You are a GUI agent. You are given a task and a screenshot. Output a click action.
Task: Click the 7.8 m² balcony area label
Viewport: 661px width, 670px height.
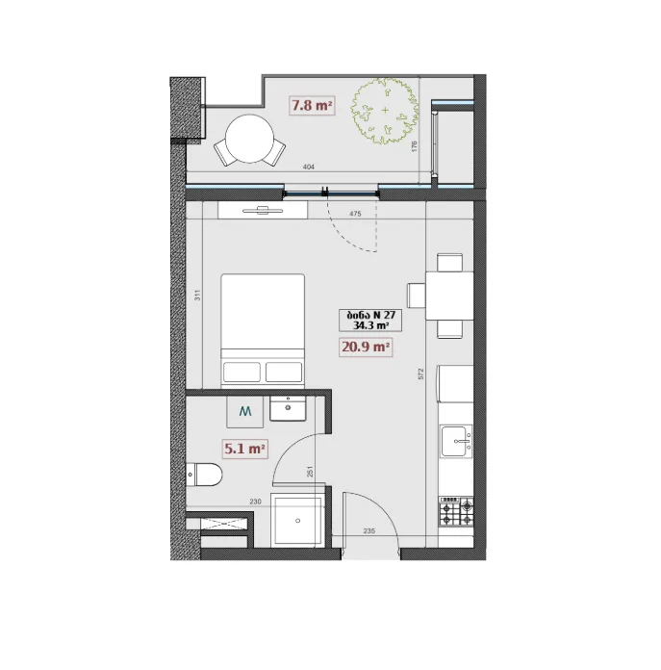tap(312, 105)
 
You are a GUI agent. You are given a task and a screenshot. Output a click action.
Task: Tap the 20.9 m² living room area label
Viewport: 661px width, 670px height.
tap(366, 347)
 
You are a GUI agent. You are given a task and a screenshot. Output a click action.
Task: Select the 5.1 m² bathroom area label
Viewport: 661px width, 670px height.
tap(245, 449)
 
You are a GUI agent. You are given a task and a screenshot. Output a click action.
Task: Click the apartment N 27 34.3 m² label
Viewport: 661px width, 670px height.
tap(370, 320)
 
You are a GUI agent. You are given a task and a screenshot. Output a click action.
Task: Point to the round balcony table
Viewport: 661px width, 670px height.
tap(250, 139)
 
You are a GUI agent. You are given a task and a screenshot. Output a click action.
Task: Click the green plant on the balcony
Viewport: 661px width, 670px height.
tap(385, 111)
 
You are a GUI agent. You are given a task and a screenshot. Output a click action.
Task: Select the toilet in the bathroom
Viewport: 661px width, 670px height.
tap(204, 475)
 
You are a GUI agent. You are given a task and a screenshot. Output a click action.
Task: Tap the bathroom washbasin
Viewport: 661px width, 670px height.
tap(288, 408)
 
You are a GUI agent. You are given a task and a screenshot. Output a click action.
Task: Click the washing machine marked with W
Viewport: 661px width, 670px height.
tap(244, 411)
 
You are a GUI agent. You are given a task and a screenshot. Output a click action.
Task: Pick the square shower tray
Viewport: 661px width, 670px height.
tap(297, 522)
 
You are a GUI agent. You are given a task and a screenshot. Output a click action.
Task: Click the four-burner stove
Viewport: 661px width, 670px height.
tap(456, 511)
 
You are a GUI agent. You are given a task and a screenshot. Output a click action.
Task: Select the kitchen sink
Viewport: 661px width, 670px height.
tap(456, 441)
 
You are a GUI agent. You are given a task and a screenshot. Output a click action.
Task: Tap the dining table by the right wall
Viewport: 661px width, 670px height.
tap(449, 296)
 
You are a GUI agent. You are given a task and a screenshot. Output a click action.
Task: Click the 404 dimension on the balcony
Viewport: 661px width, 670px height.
tap(308, 167)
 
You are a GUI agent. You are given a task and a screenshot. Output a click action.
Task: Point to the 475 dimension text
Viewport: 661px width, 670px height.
tap(355, 214)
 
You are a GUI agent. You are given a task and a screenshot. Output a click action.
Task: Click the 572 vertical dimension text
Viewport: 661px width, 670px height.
tap(421, 374)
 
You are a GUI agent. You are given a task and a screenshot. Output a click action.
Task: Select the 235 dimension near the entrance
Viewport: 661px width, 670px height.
tap(369, 530)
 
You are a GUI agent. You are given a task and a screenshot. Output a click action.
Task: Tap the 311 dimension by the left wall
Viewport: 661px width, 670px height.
tap(197, 296)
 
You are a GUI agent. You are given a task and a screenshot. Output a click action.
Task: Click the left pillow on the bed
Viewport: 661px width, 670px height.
tap(242, 372)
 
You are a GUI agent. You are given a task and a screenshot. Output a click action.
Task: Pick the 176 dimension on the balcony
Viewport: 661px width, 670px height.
tap(414, 146)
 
